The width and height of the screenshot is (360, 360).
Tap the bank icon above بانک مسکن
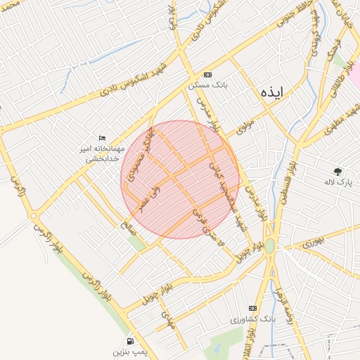click(207, 74)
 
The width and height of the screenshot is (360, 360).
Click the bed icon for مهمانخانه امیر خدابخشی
click(103, 138)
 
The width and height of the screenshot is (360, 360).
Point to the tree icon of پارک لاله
click(338, 171)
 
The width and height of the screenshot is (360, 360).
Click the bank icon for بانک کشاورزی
click(253, 308)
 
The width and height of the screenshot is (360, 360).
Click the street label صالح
click(127, 226)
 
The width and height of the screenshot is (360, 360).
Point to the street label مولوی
click(244, 127)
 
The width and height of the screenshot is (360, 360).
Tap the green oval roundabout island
click(270, 245)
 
